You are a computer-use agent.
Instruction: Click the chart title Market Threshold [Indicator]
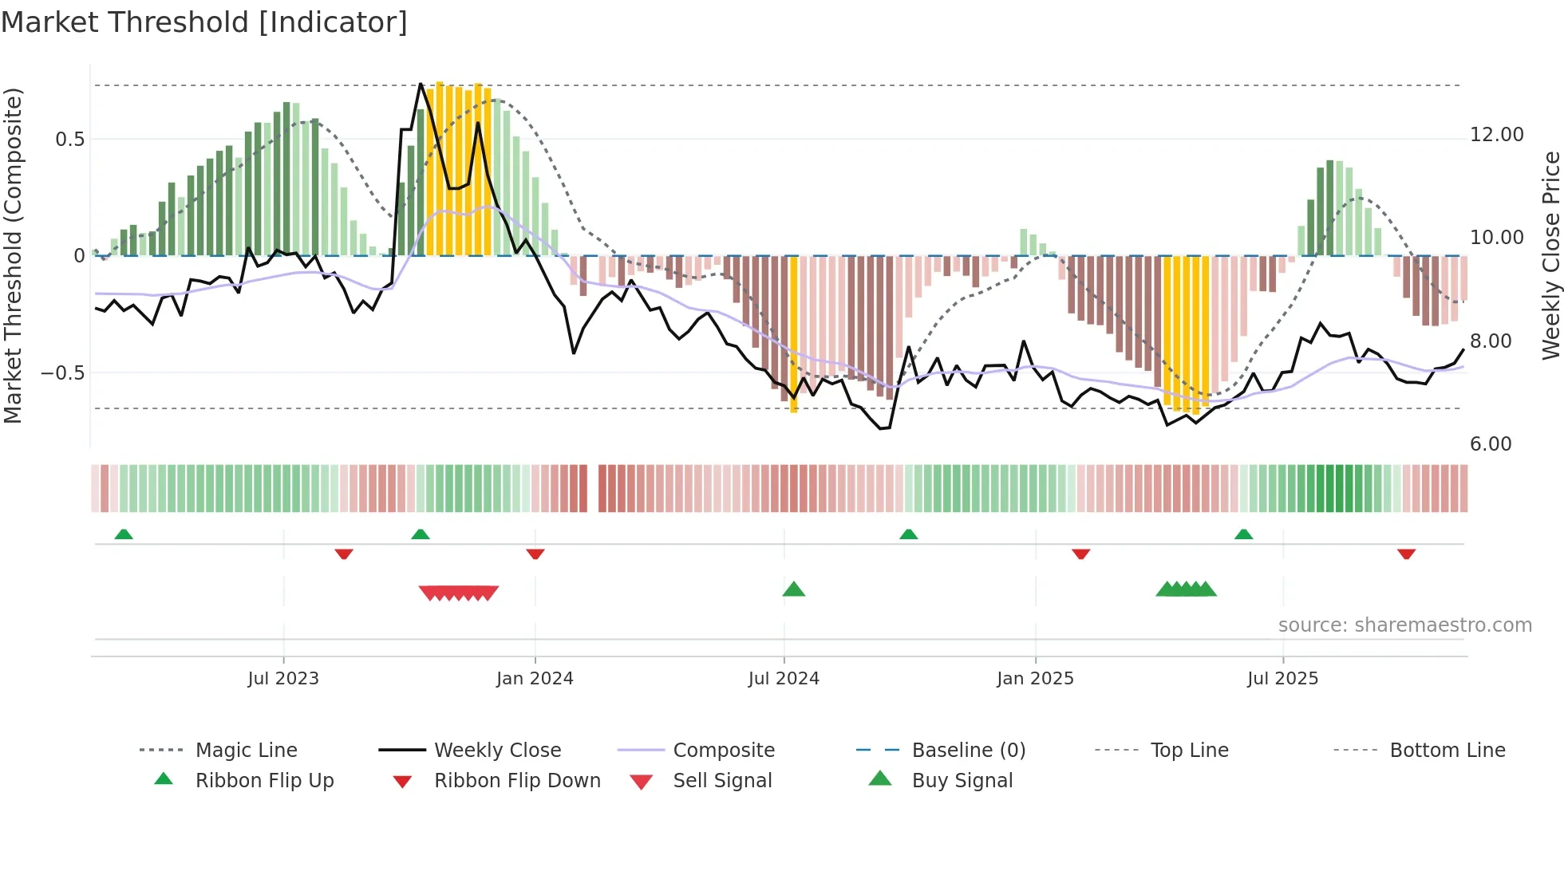point(204,22)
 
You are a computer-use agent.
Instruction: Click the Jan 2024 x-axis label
point(535,679)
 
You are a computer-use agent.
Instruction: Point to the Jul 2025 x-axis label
point(1282,679)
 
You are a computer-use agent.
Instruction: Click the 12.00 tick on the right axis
point(1496,135)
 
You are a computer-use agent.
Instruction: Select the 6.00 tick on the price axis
point(1490,444)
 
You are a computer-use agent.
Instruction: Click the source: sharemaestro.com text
point(1404,625)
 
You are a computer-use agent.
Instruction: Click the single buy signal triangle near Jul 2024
point(793,589)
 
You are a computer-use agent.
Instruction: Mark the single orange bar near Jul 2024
point(793,335)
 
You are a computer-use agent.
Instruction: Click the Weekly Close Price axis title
point(1550,255)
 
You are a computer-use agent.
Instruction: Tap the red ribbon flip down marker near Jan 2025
point(1080,554)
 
